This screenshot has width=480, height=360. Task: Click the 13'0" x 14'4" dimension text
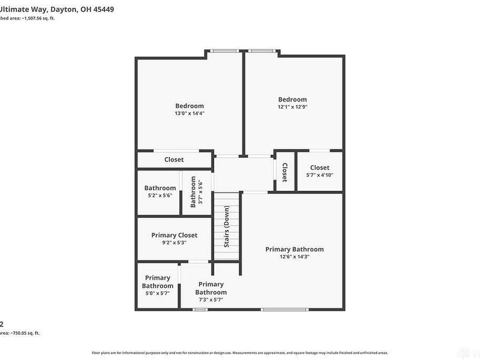[190, 113]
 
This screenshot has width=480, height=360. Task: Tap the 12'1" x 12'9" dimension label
[292, 107]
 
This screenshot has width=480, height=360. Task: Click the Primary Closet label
[174, 235]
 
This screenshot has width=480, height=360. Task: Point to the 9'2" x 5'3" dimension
[174, 243]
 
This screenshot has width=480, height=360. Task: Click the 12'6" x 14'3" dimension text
[295, 257]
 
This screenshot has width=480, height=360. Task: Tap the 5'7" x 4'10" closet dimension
[320, 175]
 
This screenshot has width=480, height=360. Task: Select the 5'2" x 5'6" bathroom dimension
[160, 196]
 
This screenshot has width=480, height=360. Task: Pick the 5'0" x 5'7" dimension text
[157, 294]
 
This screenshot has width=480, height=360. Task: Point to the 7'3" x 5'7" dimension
[211, 300]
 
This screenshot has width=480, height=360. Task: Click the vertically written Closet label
[284, 172]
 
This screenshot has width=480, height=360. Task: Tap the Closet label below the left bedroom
[174, 160]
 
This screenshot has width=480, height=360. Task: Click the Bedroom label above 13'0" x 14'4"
[190, 106]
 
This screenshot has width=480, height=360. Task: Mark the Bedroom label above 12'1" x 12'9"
[292, 100]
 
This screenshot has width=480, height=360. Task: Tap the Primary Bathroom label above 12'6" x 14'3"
[295, 250]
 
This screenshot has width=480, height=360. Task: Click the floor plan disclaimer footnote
[240, 353]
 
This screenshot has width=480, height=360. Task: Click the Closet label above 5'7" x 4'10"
[320, 168]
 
